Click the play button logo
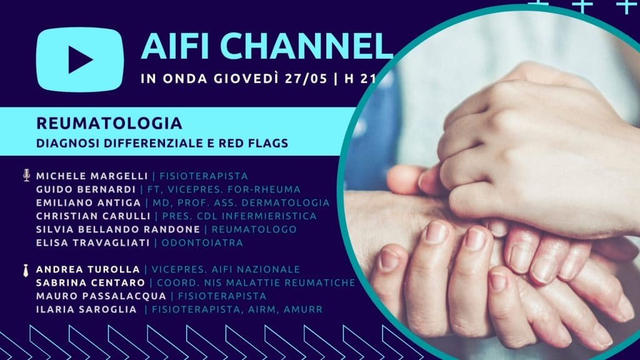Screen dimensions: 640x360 coord(80,59)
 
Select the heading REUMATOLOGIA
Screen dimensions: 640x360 coord(109,123)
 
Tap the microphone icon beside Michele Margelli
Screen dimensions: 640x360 coord(26,175)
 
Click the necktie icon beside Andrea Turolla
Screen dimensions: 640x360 coord(26,270)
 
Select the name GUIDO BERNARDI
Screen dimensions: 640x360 coord(86,189)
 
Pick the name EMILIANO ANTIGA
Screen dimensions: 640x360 coord(89,203)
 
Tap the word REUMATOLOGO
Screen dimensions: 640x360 coord(254,229)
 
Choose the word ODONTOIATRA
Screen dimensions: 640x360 coord(202,243)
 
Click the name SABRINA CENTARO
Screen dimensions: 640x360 coord(91,282)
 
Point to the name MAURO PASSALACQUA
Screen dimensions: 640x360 coord(101,296)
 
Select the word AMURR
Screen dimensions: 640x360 coord(303,309)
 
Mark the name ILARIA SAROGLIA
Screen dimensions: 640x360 coord(86,309)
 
